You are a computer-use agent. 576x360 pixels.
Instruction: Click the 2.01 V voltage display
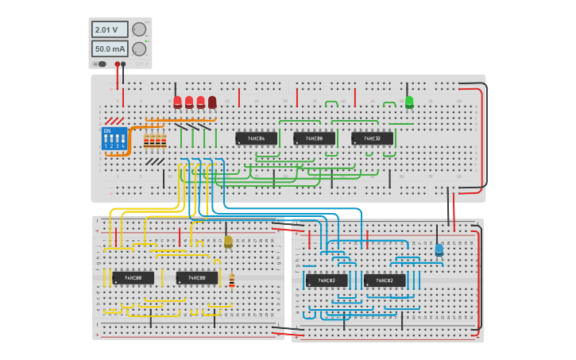(x=109, y=29)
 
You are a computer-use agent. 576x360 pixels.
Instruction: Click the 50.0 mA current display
(x=109, y=49)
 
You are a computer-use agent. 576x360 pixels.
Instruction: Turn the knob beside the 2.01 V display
(x=139, y=29)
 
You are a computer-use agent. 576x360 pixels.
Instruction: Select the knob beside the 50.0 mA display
(x=139, y=49)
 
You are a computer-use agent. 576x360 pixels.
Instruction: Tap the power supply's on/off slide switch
(x=101, y=64)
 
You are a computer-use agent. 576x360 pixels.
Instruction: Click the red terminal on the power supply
(x=118, y=64)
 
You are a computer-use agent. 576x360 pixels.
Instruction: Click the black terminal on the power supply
(x=125, y=64)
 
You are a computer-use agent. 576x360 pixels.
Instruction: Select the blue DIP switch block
(x=114, y=139)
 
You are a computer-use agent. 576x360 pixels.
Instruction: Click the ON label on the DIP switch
(x=107, y=131)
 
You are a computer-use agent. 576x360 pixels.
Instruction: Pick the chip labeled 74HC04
(x=257, y=138)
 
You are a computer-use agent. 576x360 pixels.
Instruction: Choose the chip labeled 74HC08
(x=314, y=138)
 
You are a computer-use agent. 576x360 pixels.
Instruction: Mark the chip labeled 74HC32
(x=372, y=138)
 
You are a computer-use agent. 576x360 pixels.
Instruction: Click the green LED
(x=409, y=102)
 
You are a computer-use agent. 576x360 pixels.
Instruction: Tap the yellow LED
(x=228, y=241)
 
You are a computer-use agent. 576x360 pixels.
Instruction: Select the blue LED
(x=439, y=250)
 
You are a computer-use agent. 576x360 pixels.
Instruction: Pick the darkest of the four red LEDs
(x=212, y=102)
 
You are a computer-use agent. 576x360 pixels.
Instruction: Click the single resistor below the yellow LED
(x=232, y=281)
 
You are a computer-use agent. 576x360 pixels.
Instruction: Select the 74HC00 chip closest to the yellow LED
(x=197, y=278)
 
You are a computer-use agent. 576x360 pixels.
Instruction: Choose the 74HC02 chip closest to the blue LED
(x=385, y=281)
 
